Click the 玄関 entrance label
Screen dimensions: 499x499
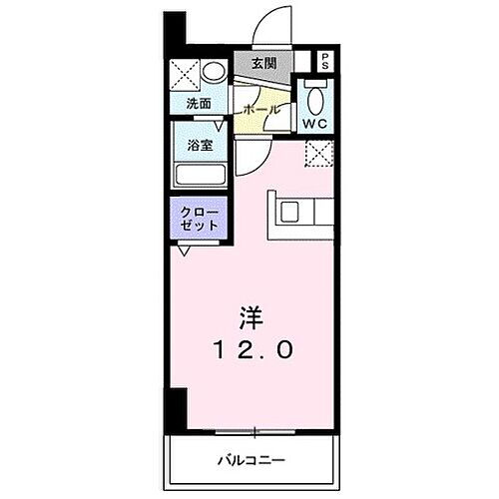click(x=263, y=64)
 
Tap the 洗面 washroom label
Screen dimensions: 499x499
click(x=198, y=103)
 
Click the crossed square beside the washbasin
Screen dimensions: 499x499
click(x=184, y=75)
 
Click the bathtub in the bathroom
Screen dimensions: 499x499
click(x=204, y=176)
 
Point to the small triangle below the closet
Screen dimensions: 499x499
click(x=185, y=250)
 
